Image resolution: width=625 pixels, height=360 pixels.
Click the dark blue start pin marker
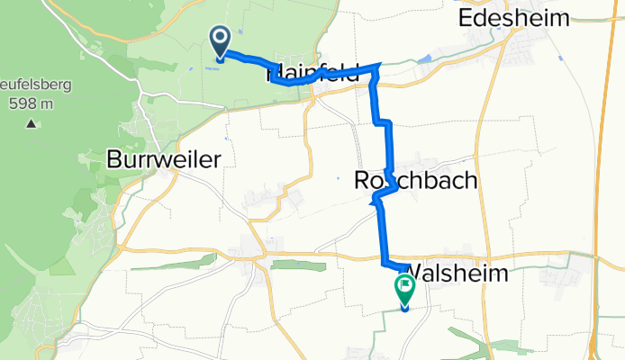pos(219,40)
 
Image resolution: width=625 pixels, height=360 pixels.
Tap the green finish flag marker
pos(403,290)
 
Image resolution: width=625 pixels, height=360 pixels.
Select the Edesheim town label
pos(514,18)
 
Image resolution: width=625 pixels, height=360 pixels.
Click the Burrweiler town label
pos(164,159)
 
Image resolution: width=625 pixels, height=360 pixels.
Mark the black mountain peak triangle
pos(32,123)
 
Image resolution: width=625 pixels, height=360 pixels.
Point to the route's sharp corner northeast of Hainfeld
pos(380,66)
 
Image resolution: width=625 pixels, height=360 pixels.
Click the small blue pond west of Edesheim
pos(424,59)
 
